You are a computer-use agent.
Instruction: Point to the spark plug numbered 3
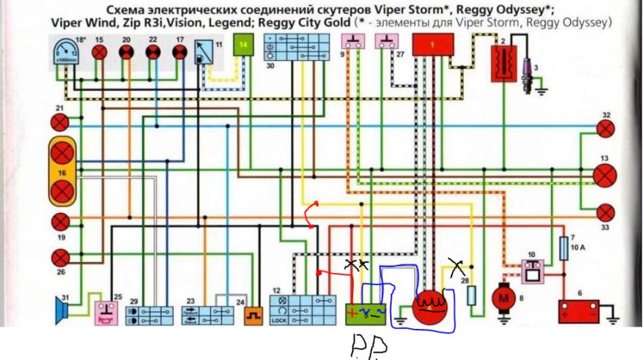click(529, 71)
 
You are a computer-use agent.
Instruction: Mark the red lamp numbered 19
click(61, 221)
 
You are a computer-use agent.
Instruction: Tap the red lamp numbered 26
click(61, 255)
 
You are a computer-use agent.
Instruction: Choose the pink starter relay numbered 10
click(533, 265)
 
